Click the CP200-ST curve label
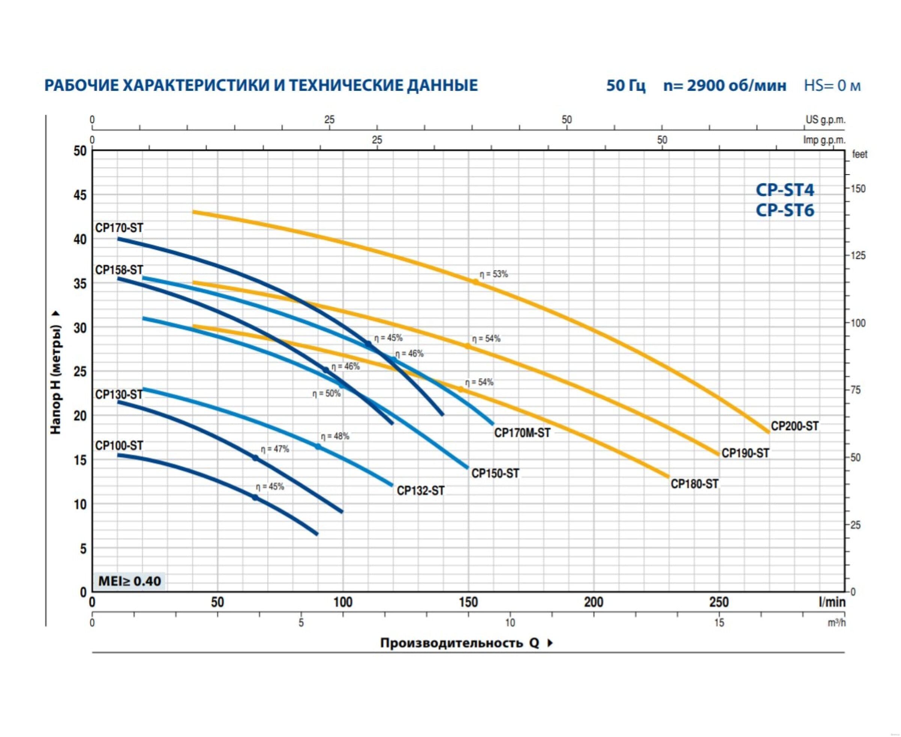point(794,426)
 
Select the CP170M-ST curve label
point(522,433)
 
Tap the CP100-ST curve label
point(119,446)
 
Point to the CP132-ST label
point(420,491)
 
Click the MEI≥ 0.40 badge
point(130,581)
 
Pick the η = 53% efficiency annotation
point(494,274)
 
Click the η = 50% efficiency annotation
point(326,394)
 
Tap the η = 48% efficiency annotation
point(335,436)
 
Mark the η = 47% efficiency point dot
point(255,458)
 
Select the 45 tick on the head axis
point(80,195)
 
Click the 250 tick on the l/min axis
point(719,602)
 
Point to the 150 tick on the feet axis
point(858,188)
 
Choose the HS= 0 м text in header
point(832,86)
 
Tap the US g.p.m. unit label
point(826,120)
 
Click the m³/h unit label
point(836,623)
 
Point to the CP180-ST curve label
point(695,484)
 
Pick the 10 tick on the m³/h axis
point(510,623)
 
